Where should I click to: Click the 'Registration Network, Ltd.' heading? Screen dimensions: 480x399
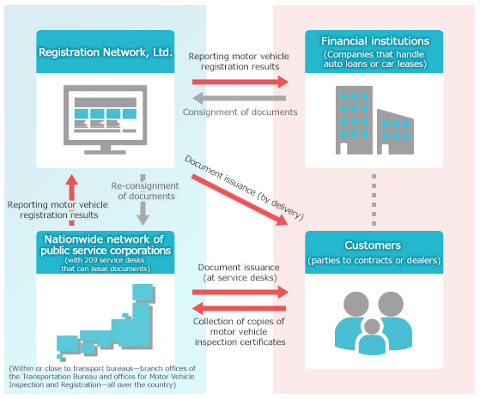pyautogui.click(x=106, y=52)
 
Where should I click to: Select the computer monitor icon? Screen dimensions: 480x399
pyautogui.click(x=106, y=119)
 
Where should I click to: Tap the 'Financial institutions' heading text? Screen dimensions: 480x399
pyautogui.click(x=375, y=41)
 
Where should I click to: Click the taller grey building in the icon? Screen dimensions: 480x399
pyautogui.click(x=354, y=120)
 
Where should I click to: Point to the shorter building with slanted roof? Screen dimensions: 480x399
pyautogui.click(x=395, y=132)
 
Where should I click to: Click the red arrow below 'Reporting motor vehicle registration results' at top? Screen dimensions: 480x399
pyautogui.click(x=240, y=82)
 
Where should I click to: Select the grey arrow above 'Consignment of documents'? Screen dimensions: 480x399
pyautogui.click(x=239, y=98)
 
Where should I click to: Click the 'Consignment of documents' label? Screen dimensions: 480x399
pyautogui.click(x=240, y=112)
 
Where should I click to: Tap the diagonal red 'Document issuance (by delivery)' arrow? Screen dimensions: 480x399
pyautogui.click(x=240, y=200)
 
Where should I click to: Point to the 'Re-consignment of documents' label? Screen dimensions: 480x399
pyautogui.click(x=145, y=191)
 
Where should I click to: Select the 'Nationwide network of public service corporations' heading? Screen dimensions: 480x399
pyautogui.click(x=106, y=245)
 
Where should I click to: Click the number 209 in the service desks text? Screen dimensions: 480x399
pyautogui.click(x=91, y=260)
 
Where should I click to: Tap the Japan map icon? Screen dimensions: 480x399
pyautogui.click(x=106, y=321)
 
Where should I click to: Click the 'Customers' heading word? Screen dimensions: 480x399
pyautogui.click(x=373, y=245)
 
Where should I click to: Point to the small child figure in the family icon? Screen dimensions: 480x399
pyautogui.click(x=373, y=336)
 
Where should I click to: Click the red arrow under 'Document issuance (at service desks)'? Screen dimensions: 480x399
pyautogui.click(x=240, y=293)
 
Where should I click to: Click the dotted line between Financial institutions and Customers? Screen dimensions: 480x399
pyautogui.click(x=374, y=200)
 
